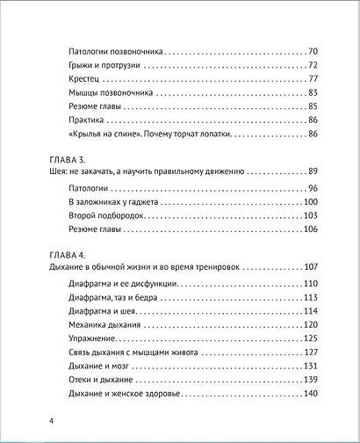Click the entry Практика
tap(86, 119)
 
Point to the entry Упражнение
tap(93, 338)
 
